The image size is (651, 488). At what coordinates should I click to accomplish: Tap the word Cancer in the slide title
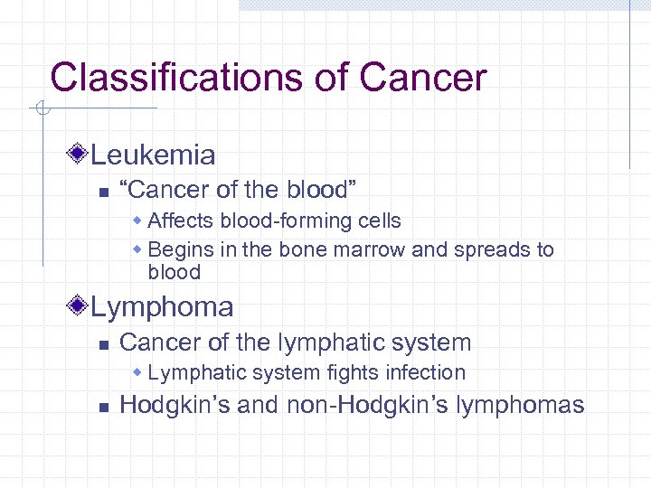coord(422,78)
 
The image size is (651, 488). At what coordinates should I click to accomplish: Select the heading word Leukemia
coord(153,155)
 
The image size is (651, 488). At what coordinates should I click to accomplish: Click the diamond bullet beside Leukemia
coord(80,155)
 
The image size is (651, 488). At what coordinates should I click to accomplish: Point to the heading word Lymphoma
coord(162,307)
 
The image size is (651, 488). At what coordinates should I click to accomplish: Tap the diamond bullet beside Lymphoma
coord(80,306)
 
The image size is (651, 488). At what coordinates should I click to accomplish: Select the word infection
coord(423,372)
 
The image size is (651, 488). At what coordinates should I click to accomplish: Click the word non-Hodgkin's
coord(384,405)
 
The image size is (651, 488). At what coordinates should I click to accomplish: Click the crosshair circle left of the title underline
coord(41,110)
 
